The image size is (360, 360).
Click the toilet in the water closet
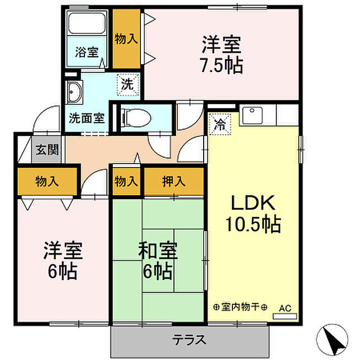136,118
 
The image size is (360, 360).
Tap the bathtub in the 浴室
87,23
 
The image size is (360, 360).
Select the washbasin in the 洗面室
74,92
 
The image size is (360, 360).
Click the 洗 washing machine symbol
128,84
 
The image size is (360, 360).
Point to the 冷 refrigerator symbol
220,124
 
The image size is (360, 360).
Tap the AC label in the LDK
285,308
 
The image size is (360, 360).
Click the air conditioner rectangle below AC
285,316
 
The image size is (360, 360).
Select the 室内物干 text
240,307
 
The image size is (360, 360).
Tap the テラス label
189,340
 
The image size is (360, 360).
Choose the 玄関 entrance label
47,150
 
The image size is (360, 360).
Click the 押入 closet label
174,182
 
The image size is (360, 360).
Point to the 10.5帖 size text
253,224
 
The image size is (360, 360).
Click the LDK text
253,203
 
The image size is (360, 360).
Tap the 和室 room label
158,250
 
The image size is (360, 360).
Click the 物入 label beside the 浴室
127,39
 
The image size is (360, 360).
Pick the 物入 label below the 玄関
47,182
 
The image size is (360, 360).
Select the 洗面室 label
87,118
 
